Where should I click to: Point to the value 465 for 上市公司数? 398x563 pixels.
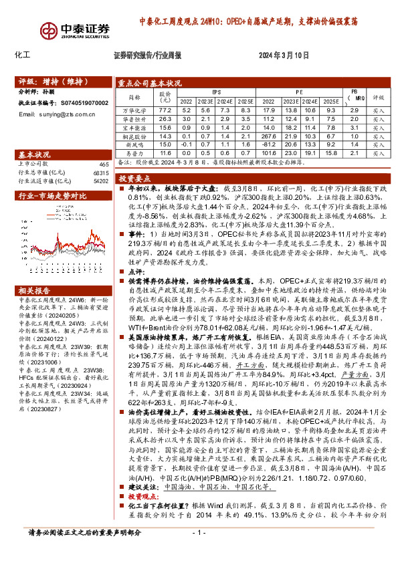click(104, 163)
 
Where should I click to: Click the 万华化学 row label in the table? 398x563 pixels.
click(136, 110)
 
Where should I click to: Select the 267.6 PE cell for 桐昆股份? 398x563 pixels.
click(270, 136)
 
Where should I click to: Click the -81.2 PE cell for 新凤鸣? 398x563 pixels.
click(270, 144)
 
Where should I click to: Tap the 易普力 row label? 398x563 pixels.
click(136, 153)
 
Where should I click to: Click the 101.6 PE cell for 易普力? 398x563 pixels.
click(270, 153)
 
